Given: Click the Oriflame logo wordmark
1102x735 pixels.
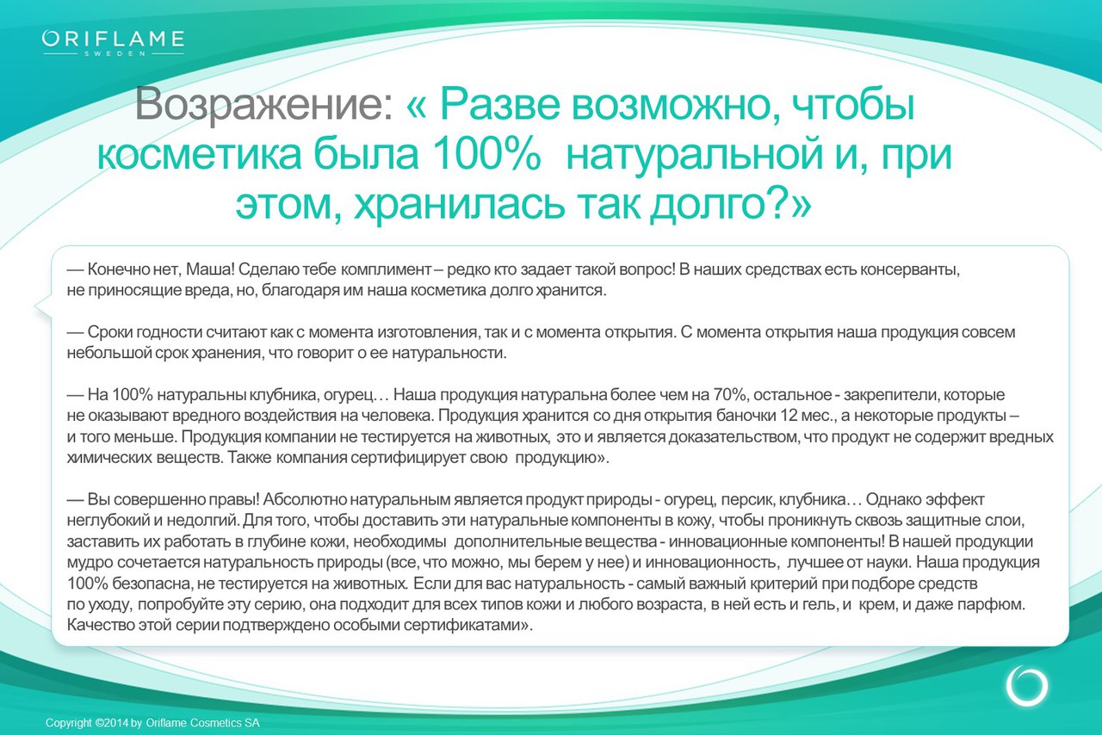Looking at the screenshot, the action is (x=113, y=39).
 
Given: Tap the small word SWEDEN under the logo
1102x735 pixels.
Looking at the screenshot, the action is (x=115, y=53).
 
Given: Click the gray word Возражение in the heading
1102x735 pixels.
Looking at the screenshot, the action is (x=263, y=104).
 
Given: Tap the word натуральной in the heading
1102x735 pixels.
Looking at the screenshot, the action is (x=694, y=155).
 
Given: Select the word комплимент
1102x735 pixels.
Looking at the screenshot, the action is (x=386, y=269).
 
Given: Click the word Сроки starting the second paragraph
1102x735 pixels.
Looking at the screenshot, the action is (x=109, y=332).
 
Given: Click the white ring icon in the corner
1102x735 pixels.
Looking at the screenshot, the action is (x=1027, y=686).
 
